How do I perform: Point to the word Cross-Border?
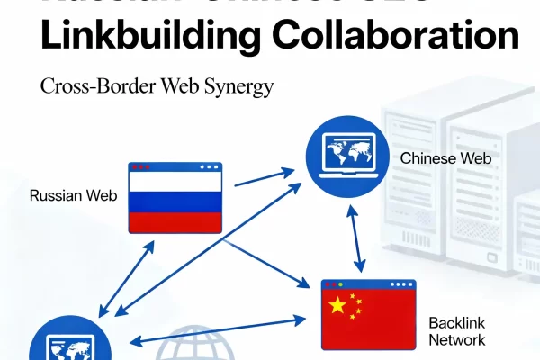click(x=95, y=87)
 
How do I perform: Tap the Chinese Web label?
click(x=445, y=158)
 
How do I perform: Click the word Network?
click(x=457, y=340)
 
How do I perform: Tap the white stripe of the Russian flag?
click(x=175, y=184)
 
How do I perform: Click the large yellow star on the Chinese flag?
click(x=337, y=306)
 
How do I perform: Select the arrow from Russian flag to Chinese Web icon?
click(x=265, y=176)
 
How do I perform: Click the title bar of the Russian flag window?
click(x=175, y=166)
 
